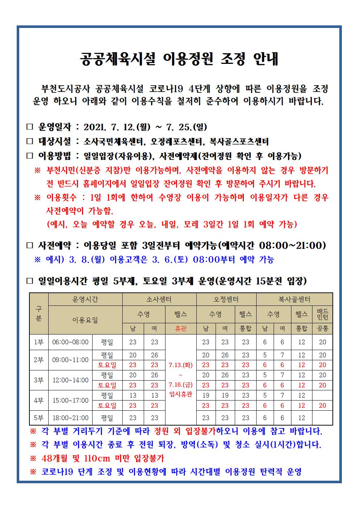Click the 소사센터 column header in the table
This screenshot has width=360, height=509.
[159, 299]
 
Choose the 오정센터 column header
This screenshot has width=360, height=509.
[226, 299]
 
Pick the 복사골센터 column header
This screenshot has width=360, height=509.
[294, 299]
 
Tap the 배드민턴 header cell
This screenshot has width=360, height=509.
[322, 314]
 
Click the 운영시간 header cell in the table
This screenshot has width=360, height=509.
[85, 299]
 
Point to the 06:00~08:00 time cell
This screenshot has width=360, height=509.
[70, 342]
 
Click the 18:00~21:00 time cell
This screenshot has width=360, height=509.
[70, 418]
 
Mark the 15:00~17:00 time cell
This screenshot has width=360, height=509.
[70, 401]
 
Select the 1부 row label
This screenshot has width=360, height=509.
[38, 342]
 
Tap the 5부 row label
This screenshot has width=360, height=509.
[38, 418]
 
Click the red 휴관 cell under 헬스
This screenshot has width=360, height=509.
[180, 329]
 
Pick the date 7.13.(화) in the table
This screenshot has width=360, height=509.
[180, 365]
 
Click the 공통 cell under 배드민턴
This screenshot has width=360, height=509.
[322, 329]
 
